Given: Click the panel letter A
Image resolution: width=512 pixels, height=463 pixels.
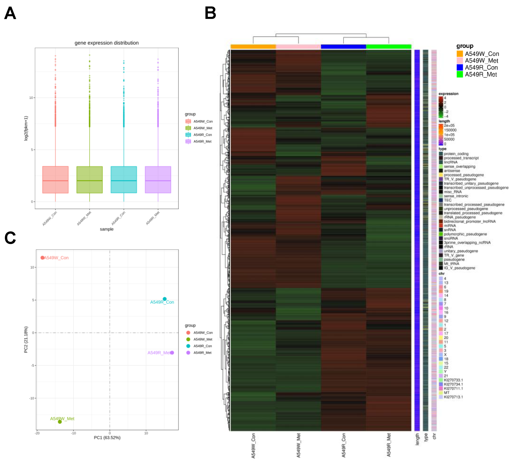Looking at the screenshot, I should pos(10,13).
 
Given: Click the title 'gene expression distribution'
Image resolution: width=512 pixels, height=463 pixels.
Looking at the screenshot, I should pos(107,43).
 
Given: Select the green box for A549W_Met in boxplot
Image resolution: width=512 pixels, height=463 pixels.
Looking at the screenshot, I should pos(89,180).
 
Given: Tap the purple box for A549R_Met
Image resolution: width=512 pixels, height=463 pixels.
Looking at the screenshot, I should pos(158,180).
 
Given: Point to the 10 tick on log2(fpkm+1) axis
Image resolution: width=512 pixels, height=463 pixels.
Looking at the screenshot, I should pos(31,98).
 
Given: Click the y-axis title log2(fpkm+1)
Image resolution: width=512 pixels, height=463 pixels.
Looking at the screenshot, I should pos(26,128).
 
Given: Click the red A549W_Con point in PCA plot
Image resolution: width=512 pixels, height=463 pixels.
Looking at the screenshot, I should pos(42,258).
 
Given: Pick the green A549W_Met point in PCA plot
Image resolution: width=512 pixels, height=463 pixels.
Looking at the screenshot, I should pos(60,422).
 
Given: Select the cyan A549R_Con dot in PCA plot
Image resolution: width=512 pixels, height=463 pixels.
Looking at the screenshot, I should pos(165,299).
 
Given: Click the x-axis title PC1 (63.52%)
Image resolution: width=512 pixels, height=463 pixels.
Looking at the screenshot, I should pos(107,438).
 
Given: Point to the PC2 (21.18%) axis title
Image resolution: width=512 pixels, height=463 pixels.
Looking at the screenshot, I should pos(26,339).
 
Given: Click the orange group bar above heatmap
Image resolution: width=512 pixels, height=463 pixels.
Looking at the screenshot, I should pos(253,46).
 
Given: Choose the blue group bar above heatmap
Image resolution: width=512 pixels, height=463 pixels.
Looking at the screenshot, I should pos(343,46).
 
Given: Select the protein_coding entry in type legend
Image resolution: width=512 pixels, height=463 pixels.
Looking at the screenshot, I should pos(456,154).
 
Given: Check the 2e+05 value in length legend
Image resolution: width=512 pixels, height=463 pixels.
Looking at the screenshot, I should pos(449,125).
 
